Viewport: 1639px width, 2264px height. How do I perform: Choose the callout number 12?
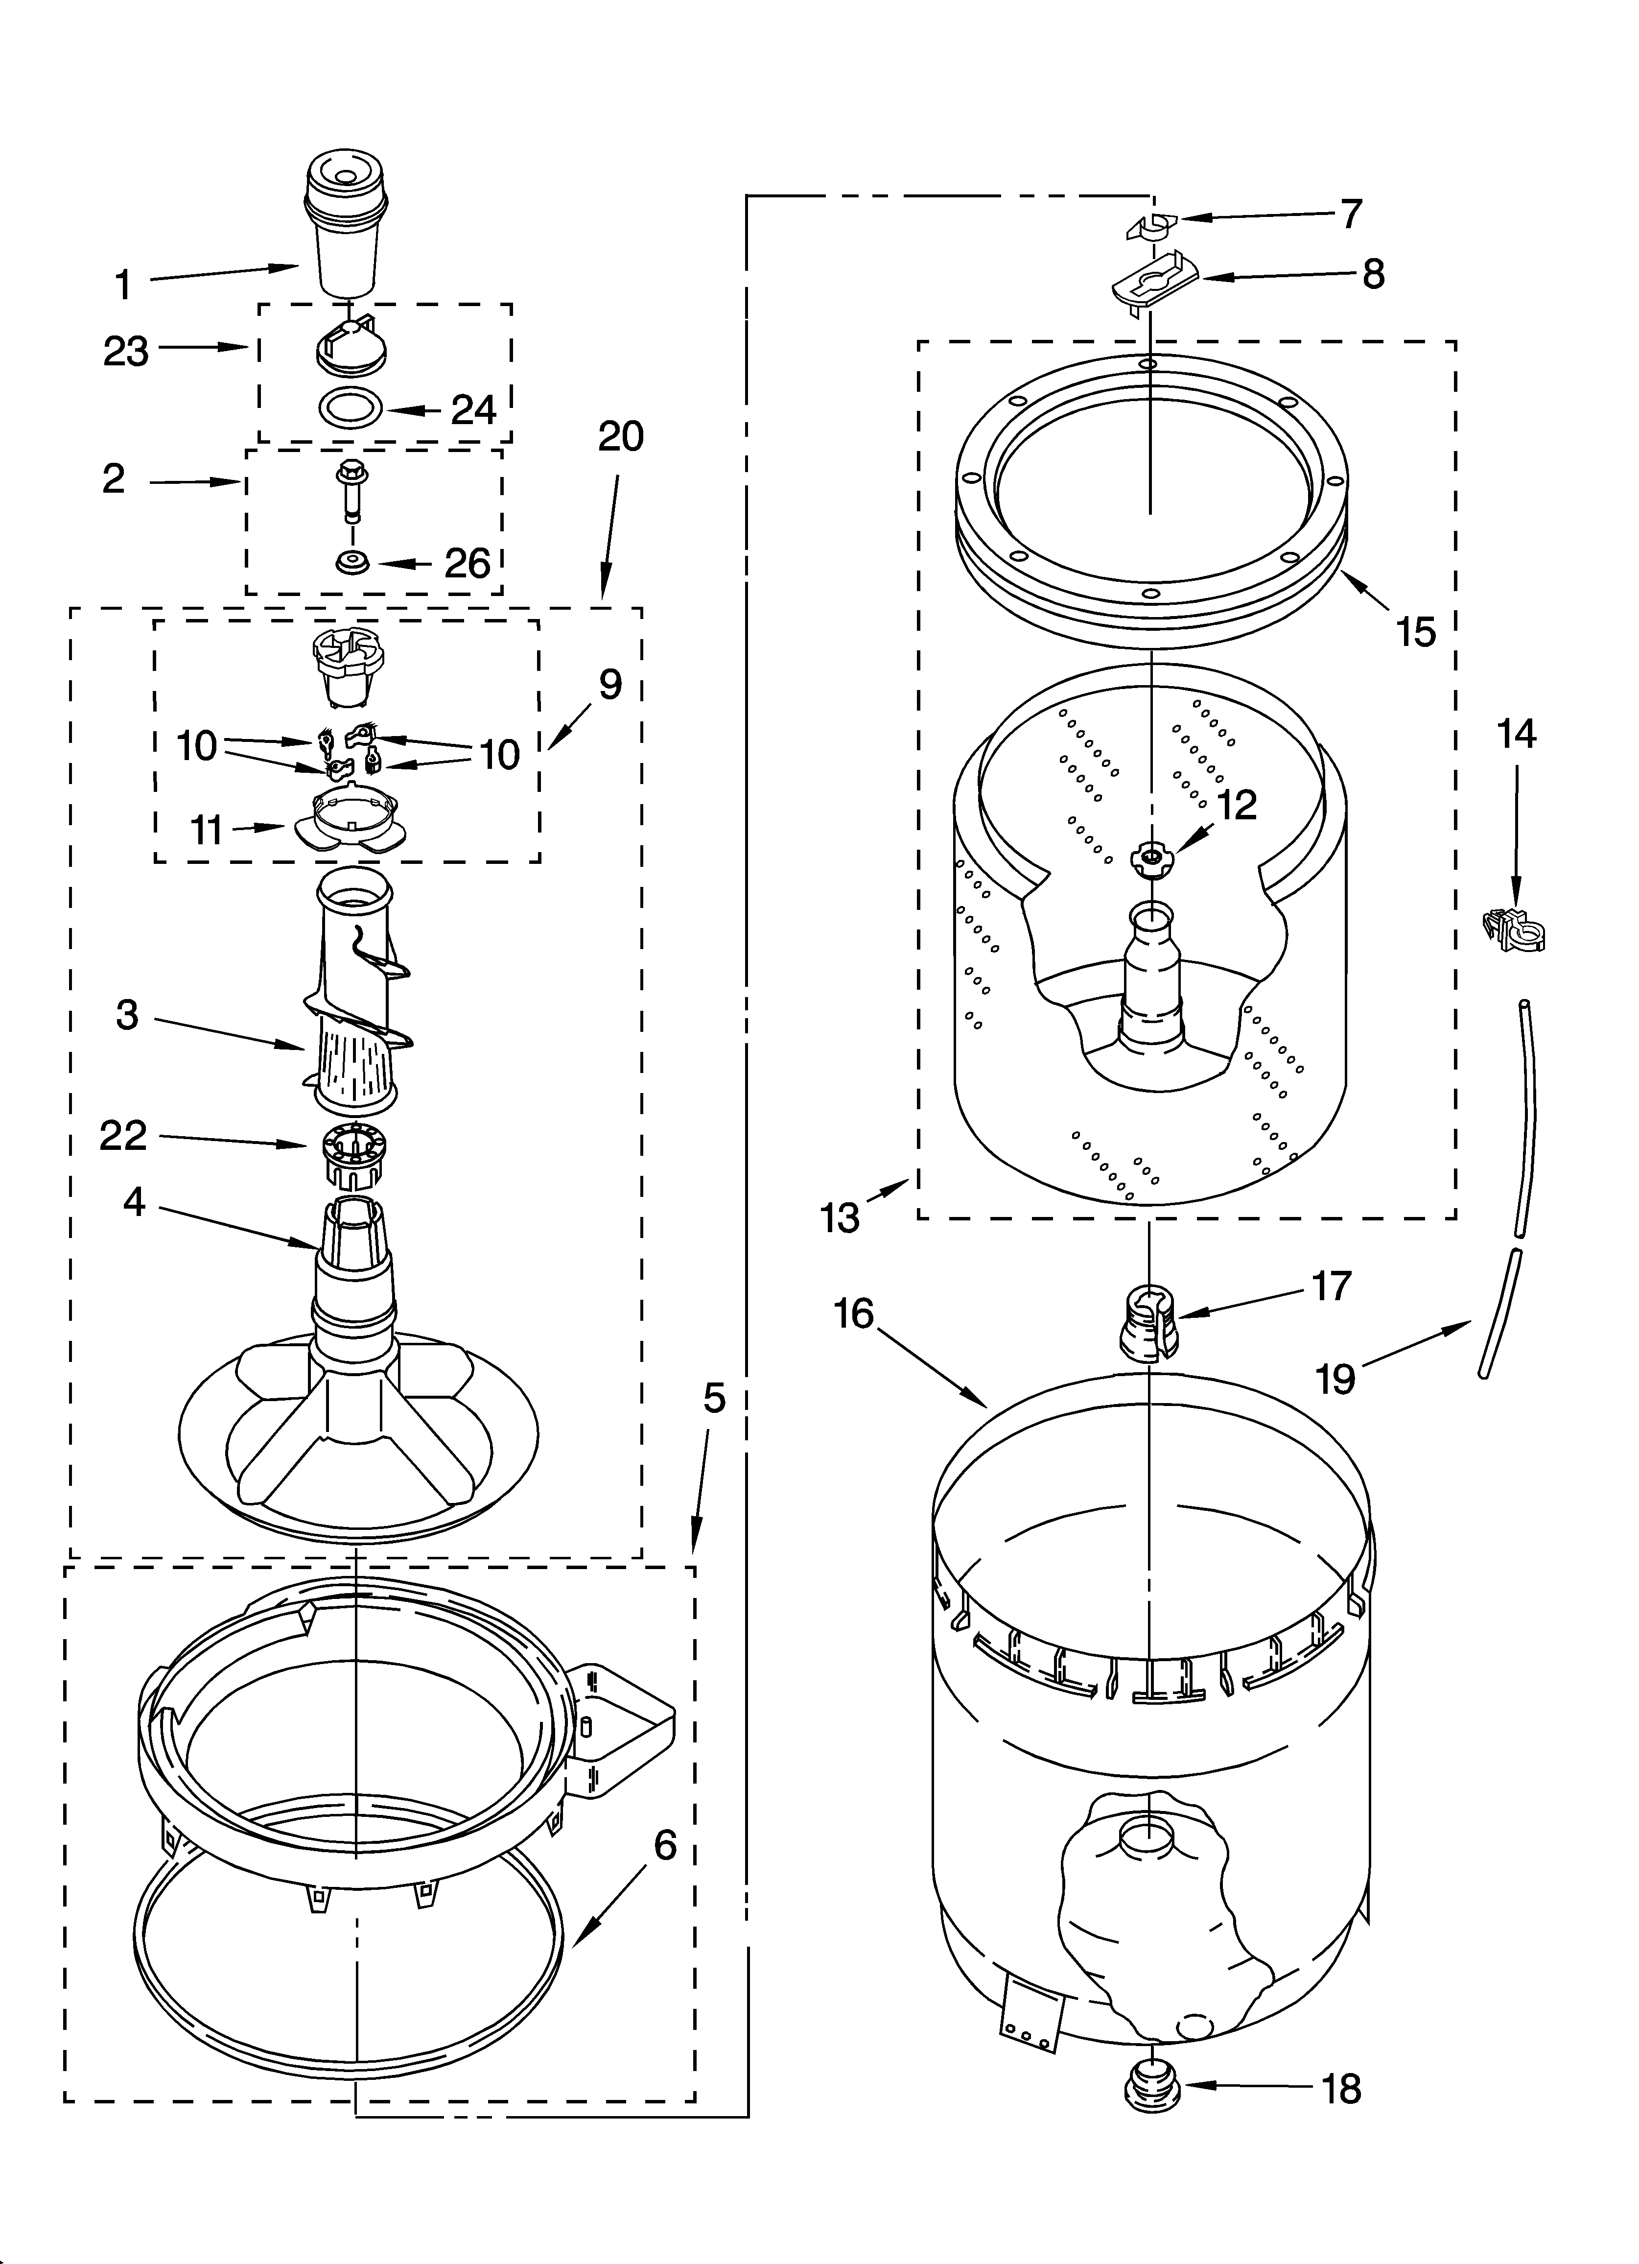[1237, 805]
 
